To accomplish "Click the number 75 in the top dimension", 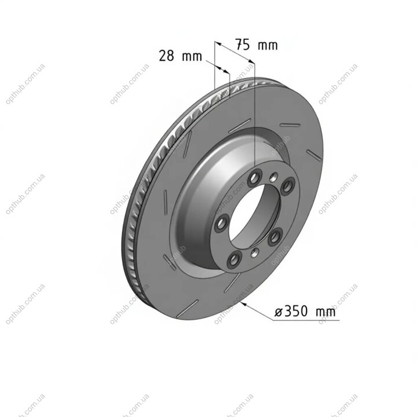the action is coord(243,45).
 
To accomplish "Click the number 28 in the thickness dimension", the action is coord(166,56).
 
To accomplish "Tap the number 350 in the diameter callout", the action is coord(296,312).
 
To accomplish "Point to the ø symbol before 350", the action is coord(279,312).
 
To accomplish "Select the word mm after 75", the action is coord(268,46).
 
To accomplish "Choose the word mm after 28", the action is coord(192,57).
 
